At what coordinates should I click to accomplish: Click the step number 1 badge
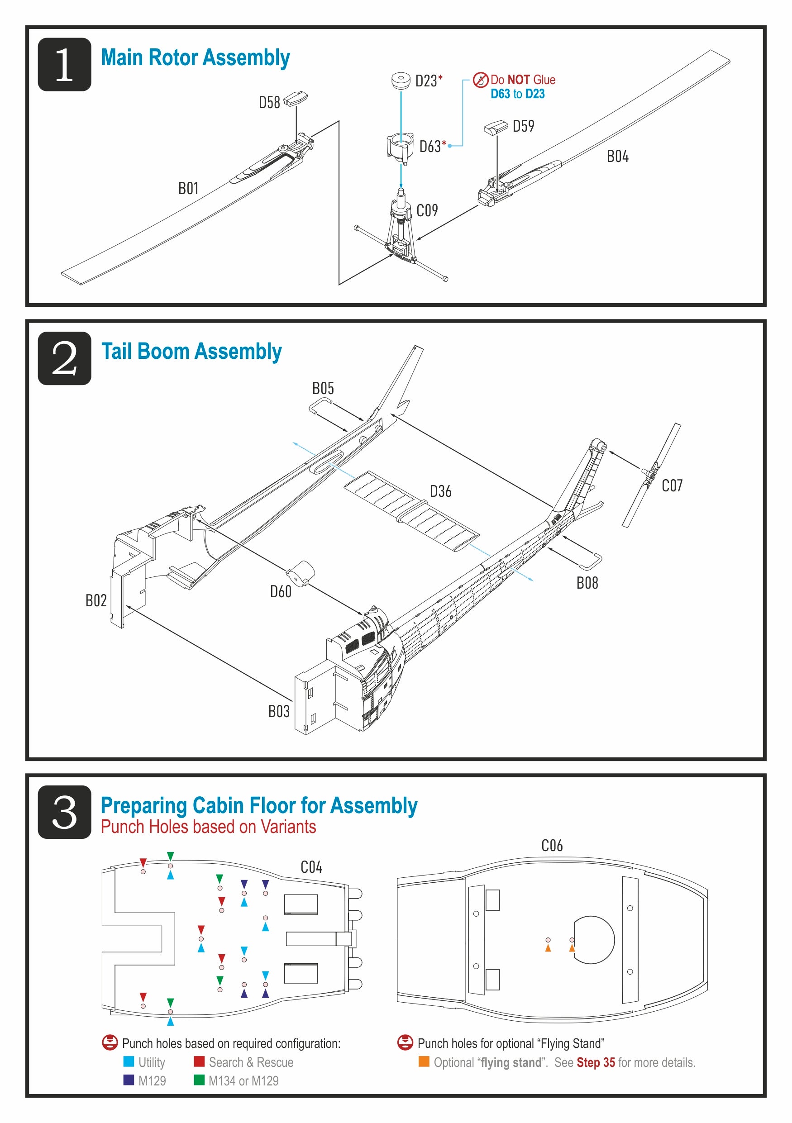point(64,65)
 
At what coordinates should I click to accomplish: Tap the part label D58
point(269,103)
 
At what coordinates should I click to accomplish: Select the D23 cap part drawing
point(401,81)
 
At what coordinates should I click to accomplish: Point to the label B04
point(617,157)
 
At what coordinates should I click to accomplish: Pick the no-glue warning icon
point(480,80)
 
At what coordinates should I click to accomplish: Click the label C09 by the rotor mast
point(427,211)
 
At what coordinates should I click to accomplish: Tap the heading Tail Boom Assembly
point(191,352)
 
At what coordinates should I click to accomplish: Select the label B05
point(323,389)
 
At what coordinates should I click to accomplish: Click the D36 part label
point(440,491)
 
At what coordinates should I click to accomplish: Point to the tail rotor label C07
point(672,485)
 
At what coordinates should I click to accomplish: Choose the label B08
point(587,583)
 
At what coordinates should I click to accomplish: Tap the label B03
point(279,712)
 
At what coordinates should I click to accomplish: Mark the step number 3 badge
point(64,813)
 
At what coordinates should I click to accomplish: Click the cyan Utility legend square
point(129,1062)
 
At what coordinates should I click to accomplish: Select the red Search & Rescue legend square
point(199,1062)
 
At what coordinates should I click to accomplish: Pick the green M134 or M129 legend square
point(199,1080)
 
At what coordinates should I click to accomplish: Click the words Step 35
point(595,1063)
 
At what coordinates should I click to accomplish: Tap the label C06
point(552,846)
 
